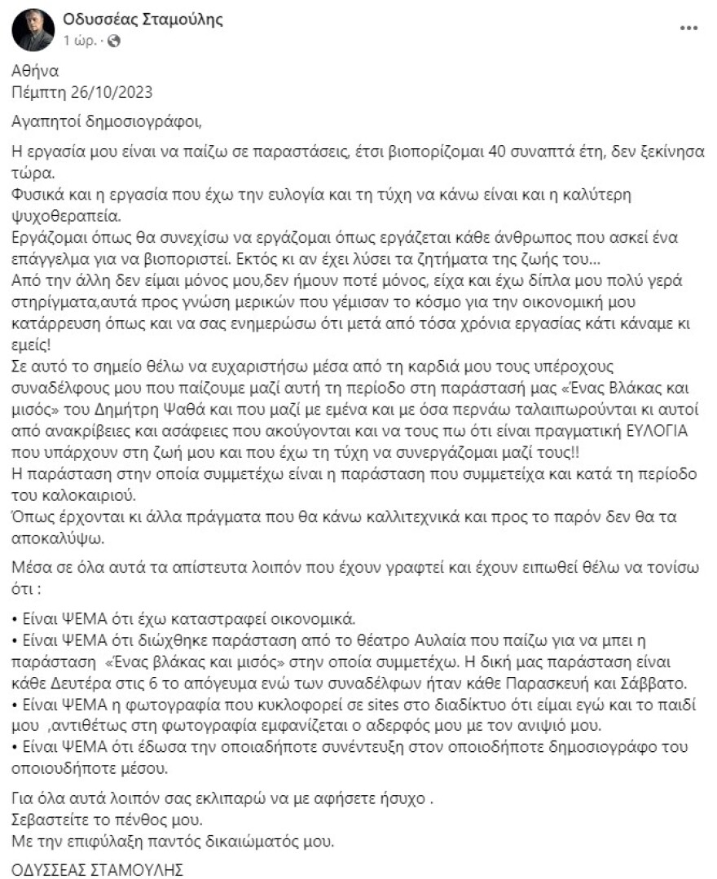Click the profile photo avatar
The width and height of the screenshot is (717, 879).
[x=33, y=29]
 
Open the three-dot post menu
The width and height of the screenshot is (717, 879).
[x=688, y=28]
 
